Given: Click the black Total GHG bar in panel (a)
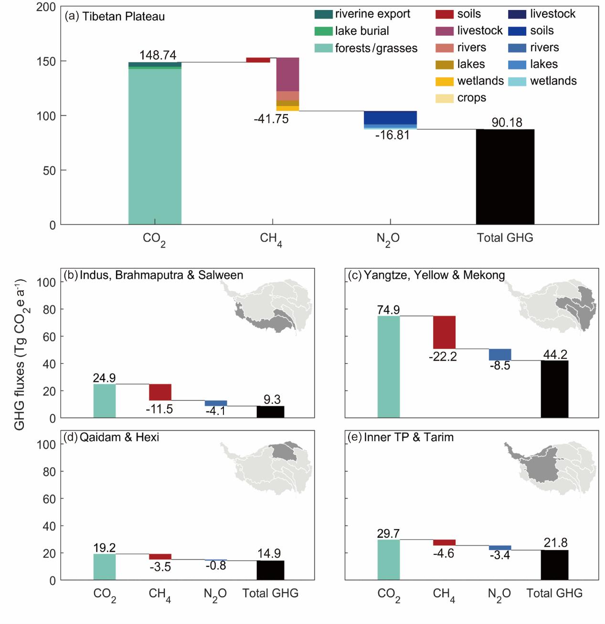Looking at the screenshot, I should [505, 177].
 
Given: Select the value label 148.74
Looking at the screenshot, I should [158, 55].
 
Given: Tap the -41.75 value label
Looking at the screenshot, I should [271, 119].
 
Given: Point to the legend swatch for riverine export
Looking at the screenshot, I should [323, 14].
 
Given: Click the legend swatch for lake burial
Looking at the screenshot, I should [323, 31].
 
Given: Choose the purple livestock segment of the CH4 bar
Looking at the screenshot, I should [287, 74].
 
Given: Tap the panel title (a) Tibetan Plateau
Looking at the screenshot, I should [115, 16].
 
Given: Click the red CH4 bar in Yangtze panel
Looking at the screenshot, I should [444, 332].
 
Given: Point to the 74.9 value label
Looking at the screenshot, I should [388, 310].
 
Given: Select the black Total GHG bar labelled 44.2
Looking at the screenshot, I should [554, 389].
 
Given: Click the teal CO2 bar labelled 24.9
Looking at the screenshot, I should [105, 401].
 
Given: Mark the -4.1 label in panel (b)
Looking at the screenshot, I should [215, 411].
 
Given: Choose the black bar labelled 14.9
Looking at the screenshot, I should [270, 570].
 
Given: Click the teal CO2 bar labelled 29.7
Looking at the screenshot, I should [389, 560].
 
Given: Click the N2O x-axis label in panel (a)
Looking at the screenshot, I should [388, 238].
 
